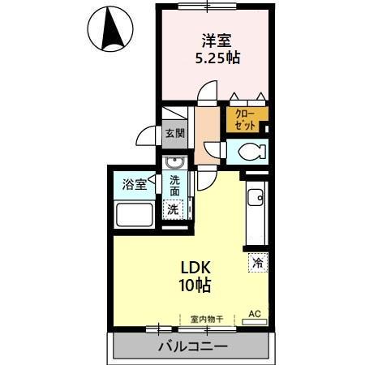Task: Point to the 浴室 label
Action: pyautogui.click(x=135, y=184)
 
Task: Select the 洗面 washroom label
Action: pyautogui.click(x=175, y=187)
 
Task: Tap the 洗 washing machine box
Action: pyautogui.click(x=174, y=209)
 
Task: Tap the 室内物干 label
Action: pyautogui.click(x=206, y=319)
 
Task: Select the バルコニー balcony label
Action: pyautogui.click(x=193, y=346)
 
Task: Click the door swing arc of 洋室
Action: pyautogui.click(x=209, y=95)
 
